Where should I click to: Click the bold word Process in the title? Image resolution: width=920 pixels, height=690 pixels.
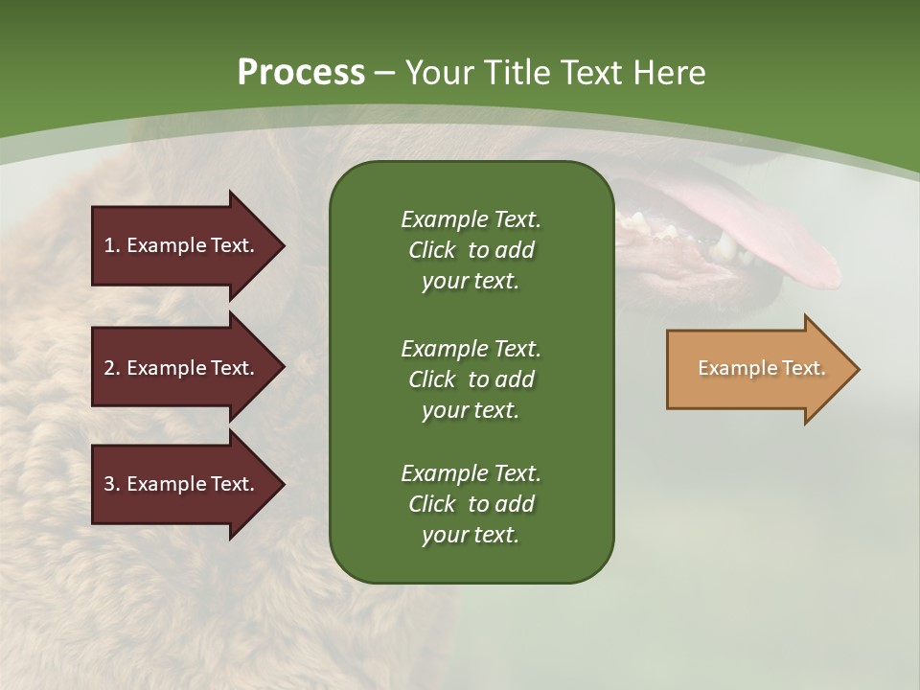coord(301,73)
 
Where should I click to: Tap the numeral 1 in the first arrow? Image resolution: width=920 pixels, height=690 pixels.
coord(108,245)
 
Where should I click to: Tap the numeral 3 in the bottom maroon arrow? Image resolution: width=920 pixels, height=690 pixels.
coord(109,484)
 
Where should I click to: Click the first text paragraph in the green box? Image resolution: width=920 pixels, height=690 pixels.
coord(471,250)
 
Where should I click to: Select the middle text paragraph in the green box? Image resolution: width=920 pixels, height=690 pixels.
coord(471,379)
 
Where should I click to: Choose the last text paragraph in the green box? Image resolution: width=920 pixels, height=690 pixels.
coord(471,504)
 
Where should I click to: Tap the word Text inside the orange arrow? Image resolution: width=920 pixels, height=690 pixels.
coord(804,368)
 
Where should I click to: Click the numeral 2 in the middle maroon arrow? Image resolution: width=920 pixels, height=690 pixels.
coord(109,368)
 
